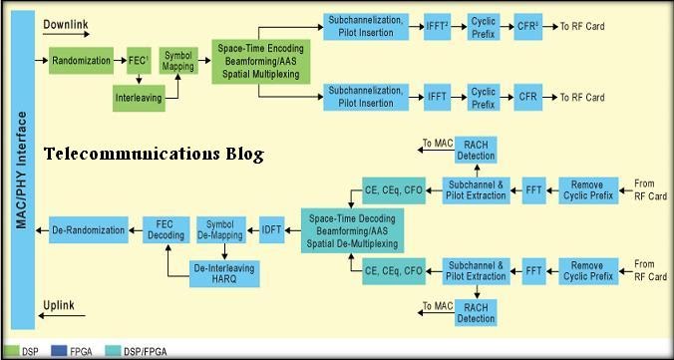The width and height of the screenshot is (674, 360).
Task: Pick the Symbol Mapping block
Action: pos(178,61)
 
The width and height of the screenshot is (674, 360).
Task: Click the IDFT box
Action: pos(272,230)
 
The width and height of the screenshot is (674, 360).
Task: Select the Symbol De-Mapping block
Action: pos(220,230)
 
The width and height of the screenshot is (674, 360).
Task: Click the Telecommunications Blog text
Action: pos(154,155)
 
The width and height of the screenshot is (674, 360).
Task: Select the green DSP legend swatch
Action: pos(12,351)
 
